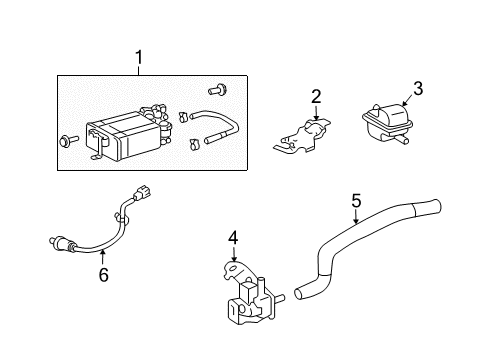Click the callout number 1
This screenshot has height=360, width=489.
[x=139, y=57]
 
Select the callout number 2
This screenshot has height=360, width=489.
[x=316, y=96]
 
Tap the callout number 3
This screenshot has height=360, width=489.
[x=418, y=88]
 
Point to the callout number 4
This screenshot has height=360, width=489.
[x=233, y=238]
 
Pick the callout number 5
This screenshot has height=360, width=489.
[x=356, y=201]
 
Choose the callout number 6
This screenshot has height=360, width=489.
[x=104, y=274]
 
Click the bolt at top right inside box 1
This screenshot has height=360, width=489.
[x=218, y=90]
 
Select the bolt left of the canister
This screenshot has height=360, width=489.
[x=69, y=141]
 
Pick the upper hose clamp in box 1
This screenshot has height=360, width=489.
[x=183, y=116]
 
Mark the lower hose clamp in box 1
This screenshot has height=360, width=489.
[x=194, y=144]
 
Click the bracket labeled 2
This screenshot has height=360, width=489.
[x=302, y=137]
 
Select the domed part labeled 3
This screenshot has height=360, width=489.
[x=388, y=123]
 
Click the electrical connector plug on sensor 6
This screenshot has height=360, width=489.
[x=143, y=193]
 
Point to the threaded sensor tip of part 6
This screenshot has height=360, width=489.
[x=53, y=241]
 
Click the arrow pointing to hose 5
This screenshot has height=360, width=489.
[x=356, y=216]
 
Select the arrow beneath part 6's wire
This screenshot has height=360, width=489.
[x=103, y=258]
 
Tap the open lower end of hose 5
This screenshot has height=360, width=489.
[x=299, y=293]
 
